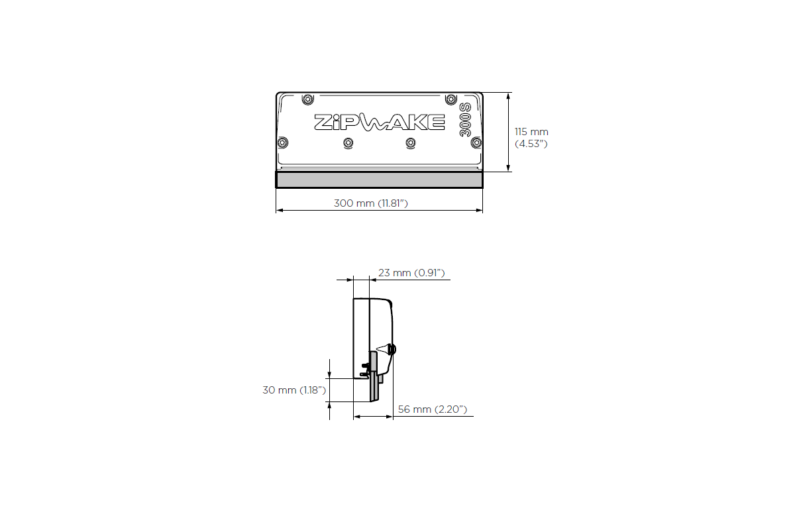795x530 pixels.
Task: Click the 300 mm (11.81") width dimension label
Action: [x=370, y=203]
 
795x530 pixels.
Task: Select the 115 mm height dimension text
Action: [x=531, y=132]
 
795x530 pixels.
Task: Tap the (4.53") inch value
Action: [x=531, y=143]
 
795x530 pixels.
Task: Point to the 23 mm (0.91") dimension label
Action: [x=411, y=272]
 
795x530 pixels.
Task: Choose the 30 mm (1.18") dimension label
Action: [x=294, y=390]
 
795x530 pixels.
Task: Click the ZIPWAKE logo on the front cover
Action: [x=379, y=123]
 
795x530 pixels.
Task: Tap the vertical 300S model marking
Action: [x=466, y=120]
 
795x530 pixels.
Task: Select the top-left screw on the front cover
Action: [x=307, y=99]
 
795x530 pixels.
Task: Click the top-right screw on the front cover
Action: [x=452, y=99]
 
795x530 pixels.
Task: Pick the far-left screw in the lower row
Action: [x=283, y=142]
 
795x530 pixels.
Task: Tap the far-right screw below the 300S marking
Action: [x=476, y=142]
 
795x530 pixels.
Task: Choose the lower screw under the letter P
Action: [x=348, y=142]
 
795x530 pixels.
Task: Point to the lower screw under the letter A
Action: [x=411, y=142]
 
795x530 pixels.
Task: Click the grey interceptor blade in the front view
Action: [x=379, y=180]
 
